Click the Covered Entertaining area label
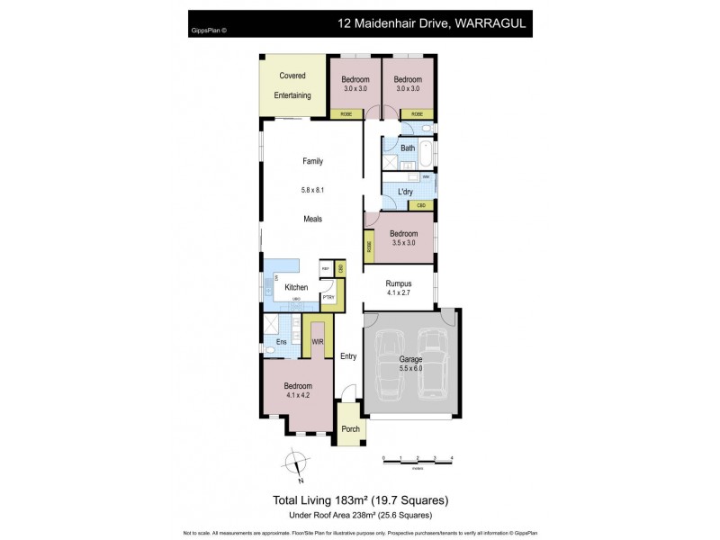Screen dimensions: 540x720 pos(292,85)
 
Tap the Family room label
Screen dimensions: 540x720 pos(312,162)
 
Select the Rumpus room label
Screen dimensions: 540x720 pos(399,283)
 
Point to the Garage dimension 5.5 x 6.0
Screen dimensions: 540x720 pos(410,368)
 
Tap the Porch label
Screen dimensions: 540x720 pos(351,428)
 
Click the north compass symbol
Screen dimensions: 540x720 pos(295,464)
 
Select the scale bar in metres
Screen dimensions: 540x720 pos(417,459)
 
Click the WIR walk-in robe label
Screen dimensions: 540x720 pos(317,343)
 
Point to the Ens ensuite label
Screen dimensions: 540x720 pos(281,343)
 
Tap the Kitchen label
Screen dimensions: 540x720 pos(296,288)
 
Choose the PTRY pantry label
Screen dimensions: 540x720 pos(328,298)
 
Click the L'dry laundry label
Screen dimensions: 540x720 pos(404,192)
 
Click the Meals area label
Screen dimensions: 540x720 pos(312,219)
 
